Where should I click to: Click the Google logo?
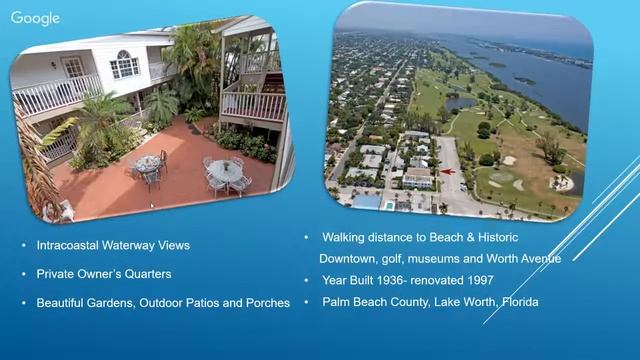[35, 18]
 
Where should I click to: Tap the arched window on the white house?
[124, 65]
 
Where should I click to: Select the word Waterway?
[136, 245]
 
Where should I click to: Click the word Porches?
[268, 302]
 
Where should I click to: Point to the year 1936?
[395, 280]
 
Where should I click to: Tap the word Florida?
[517, 301]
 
